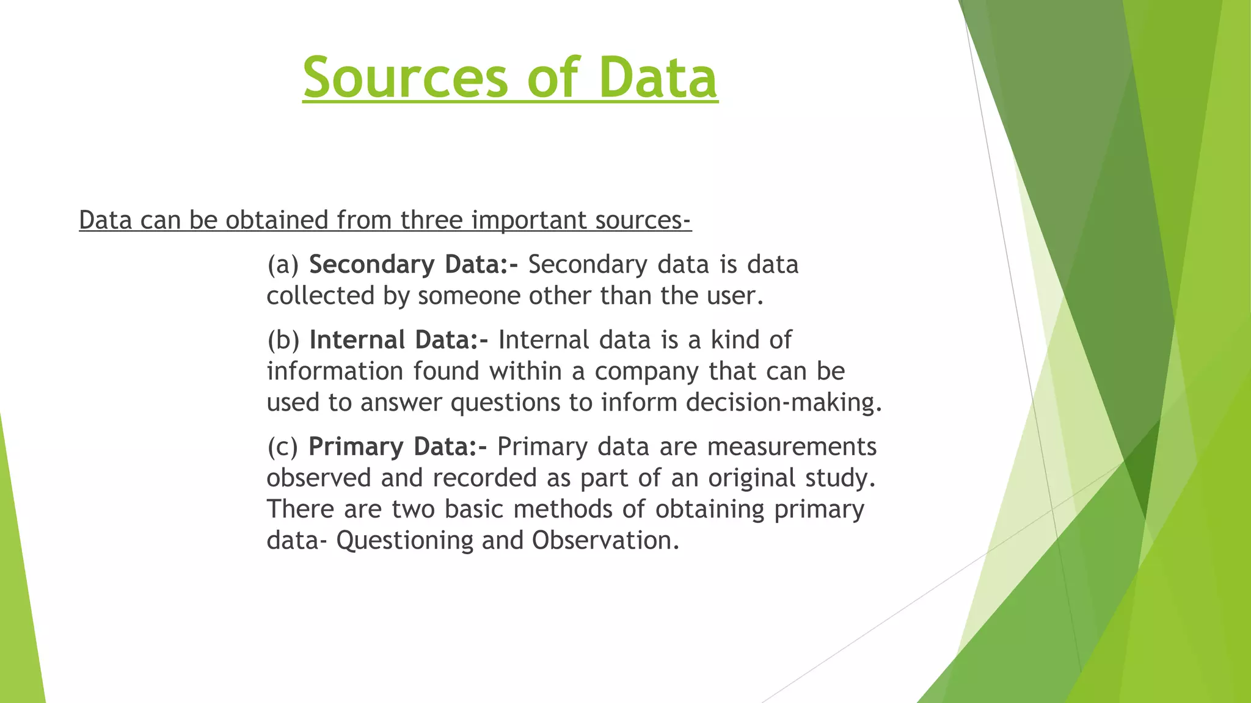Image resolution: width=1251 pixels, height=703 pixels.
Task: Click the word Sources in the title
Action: pos(405,78)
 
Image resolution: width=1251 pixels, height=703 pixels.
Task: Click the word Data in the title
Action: pos(658,78)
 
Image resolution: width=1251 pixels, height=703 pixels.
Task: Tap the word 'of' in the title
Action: pos(553,78)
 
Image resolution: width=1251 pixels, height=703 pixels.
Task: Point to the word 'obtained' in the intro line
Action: pos(277,220)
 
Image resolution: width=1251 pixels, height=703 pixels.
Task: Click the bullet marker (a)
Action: pos(283,265)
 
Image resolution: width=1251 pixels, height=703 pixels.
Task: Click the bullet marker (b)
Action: pos(283,340)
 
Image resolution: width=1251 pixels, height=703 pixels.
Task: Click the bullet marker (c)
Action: pos(282,447)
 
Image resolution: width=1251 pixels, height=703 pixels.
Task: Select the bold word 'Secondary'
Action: pos(371,265)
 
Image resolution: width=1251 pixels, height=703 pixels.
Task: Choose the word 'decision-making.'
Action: pos(784,403)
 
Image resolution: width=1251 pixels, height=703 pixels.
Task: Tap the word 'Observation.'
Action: pos(605,541)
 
